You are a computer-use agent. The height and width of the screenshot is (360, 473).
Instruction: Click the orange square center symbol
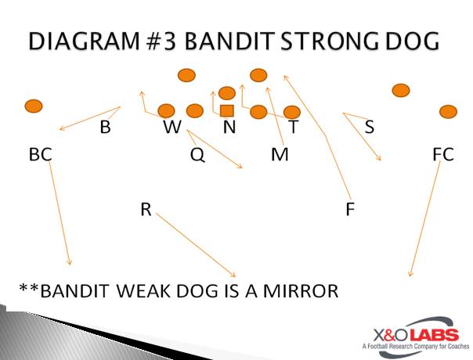tap(227, 110)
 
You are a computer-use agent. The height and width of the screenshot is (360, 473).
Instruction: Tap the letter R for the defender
tap(146, 209)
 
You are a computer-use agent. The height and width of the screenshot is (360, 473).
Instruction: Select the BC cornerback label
tap(41, 154)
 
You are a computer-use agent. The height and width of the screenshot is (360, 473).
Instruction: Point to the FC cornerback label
tap(443, 154)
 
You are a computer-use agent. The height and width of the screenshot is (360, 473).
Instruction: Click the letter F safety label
tap(350, 209)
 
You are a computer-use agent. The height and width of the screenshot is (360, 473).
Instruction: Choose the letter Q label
tap(197, 155)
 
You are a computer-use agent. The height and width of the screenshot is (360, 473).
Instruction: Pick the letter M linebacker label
tap(280, 154)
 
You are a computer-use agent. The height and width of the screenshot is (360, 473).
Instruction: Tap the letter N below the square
tap(229, 127)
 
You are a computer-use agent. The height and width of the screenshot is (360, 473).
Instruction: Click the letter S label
tap(370, 127)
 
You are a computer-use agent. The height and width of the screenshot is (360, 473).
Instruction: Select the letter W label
tap(172, 127)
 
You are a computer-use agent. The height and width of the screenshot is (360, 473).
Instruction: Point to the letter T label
tap(294, 127)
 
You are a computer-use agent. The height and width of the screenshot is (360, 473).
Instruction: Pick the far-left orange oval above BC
tap(34, 106)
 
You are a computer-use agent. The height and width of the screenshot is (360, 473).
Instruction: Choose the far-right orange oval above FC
tap(448, 112)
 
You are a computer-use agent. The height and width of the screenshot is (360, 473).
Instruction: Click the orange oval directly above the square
tap(227, 93)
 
